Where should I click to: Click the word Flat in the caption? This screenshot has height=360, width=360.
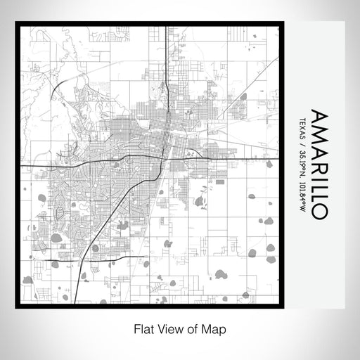coord(141,328)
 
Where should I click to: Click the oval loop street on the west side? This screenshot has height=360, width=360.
coord(60,211)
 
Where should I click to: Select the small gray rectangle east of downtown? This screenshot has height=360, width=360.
coord(220,181)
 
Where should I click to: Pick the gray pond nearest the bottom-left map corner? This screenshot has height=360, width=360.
coord(28,280)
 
